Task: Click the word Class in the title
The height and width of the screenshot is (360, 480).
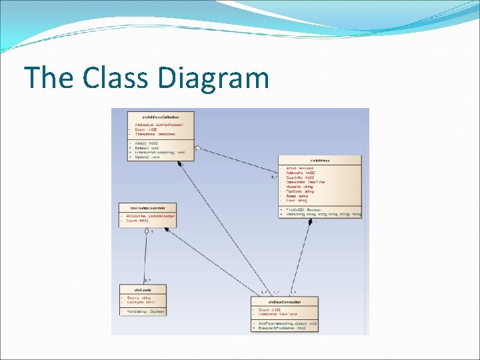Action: pos(115,78)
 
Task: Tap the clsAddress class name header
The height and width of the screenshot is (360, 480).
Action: pos(320,160)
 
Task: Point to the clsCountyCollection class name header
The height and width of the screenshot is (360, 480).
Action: pos(148,207)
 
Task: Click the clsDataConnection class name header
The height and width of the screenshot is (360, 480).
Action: pos(285,302)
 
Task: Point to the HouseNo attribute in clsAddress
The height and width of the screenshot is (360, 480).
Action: pos(299,187)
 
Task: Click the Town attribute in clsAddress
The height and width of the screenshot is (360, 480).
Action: pos(296,201)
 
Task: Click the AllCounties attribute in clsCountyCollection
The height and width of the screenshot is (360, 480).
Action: pos(151,216)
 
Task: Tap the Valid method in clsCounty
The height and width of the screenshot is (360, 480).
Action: pos(145,311)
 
